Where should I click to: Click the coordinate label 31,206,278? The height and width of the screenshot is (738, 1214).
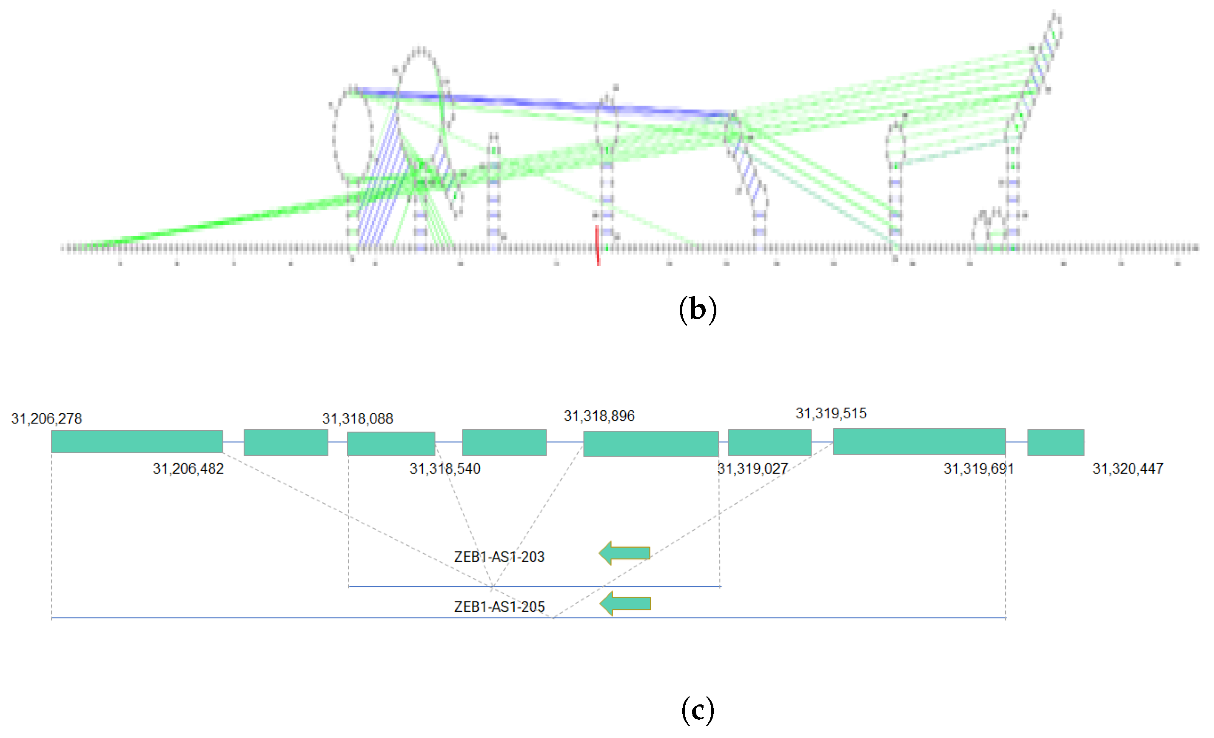[x=47, y=418]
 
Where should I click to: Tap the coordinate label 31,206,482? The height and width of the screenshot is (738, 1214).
[x=188, y=468]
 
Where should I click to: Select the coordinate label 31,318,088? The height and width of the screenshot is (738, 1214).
[x=358, y=418]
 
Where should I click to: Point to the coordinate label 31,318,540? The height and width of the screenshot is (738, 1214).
[x=445, y=468]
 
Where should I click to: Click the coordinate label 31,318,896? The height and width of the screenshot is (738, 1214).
[x=599, y=416]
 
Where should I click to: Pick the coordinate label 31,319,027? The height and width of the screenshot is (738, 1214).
[x=752, y=468]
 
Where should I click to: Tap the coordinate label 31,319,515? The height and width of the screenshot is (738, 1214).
[x=831, y=413]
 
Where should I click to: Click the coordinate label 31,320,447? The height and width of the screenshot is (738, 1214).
[x=1128, y=468]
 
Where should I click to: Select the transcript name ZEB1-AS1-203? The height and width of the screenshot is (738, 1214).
[x=499, y=557]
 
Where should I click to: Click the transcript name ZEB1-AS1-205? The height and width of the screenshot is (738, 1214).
[x=499, y=607]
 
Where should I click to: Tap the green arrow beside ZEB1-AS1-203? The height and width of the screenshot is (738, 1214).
[x=625, y=553]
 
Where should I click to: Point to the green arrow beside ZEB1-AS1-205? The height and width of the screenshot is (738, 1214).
[x=625, y=604]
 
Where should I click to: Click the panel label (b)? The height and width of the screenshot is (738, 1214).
[x=698, y=309]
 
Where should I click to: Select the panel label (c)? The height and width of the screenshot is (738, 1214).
[x=698, y=710]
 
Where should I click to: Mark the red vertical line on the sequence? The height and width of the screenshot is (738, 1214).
[x=598, y=246]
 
